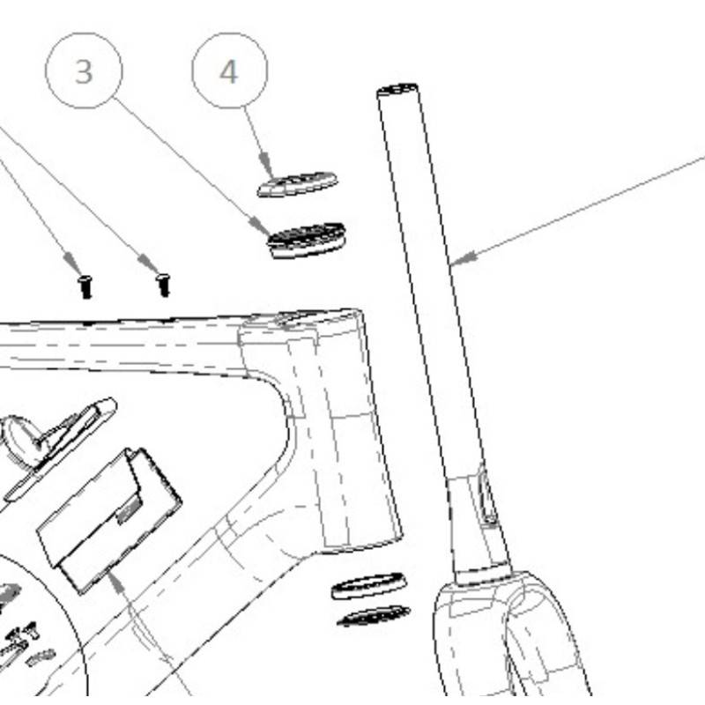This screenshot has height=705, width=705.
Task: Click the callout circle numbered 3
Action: pos(84,70)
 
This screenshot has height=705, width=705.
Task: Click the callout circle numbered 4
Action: pos(230,70)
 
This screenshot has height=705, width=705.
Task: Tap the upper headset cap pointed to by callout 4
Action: pos(297,184)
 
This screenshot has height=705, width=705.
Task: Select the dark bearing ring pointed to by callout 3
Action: pos(307,241)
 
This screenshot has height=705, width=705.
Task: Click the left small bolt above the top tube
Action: pos(85,287)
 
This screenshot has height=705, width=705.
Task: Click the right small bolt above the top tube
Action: pos(164,285)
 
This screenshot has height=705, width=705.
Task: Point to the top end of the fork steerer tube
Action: pos(397,90)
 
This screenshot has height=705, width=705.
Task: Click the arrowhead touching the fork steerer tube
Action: pos(464,258)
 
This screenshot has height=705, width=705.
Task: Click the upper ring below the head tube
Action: pos(368,586)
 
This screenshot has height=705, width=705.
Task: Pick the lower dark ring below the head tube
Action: pos(373,616)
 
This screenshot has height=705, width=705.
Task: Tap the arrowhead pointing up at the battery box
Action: pos(116,581)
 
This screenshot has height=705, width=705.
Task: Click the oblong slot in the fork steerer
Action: pos(486,493)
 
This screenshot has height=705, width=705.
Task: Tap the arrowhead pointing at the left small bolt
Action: pos(72,262)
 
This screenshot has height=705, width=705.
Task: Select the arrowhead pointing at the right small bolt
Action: pos(149,263)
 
